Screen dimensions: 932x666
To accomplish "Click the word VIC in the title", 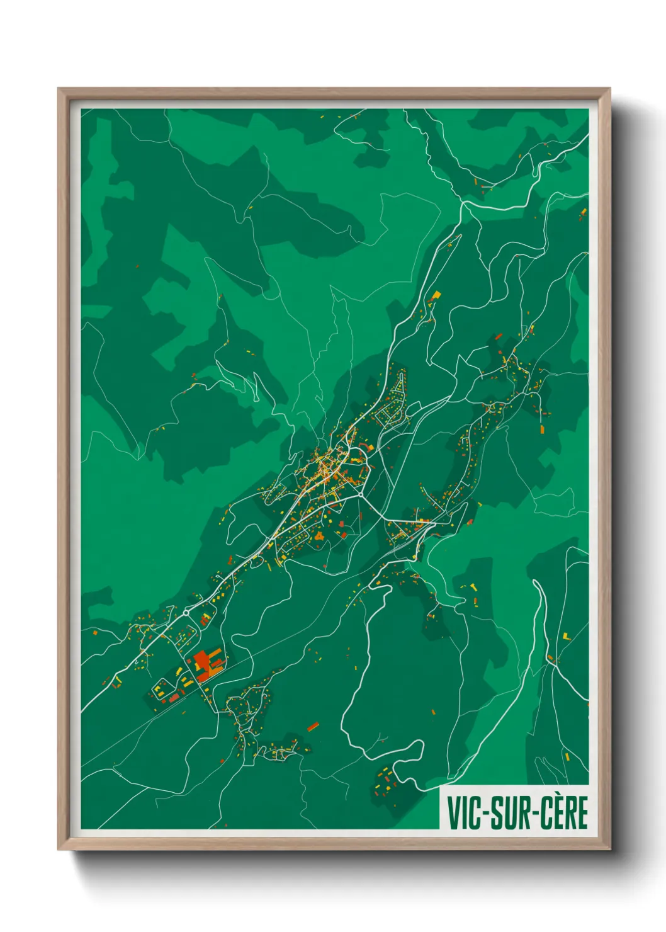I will click(x=463, y=813).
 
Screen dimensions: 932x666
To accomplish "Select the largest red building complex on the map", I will click(x=206, y=666).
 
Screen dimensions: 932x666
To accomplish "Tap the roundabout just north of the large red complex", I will click(x=187, y=611).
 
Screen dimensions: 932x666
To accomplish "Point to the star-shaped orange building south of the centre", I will click(x=319, y=537).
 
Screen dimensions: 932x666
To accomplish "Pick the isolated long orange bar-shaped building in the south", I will click(x=313, y=727).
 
